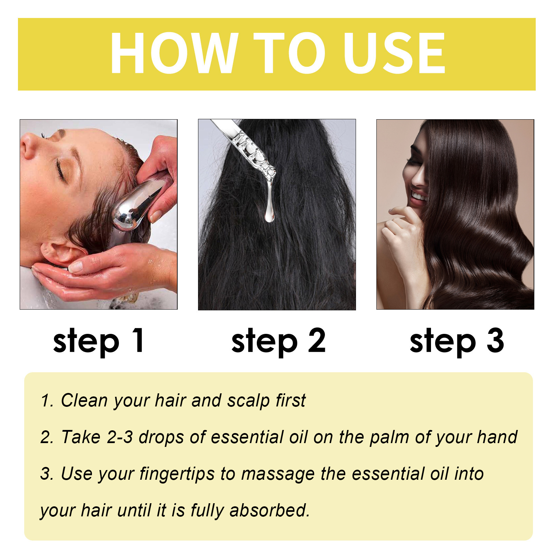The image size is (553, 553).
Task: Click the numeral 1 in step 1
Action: point(138,340)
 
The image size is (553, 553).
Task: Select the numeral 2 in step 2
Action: point(317,340)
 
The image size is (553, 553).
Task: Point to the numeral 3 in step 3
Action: point(495,340)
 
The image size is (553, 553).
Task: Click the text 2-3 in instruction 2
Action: point(120,437)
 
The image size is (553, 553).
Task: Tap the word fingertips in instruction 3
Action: point(177,474)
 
